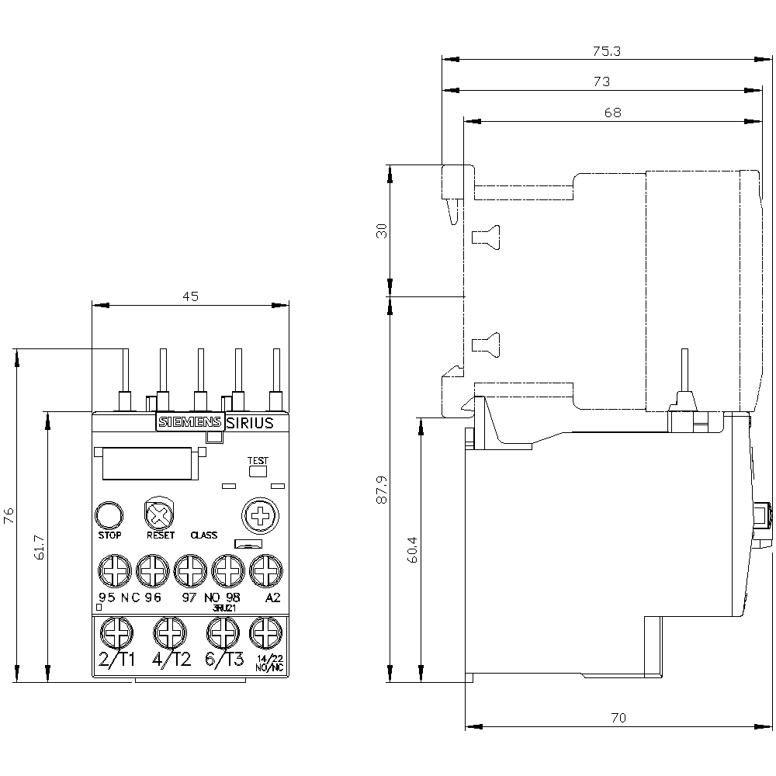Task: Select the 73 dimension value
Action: click(x=601, y=81)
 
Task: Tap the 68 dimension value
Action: click(x=612, y=112)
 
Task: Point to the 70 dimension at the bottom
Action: click(x=618, y=717)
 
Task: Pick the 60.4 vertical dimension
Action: click(x=412, y=550)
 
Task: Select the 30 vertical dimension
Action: click(x=381, y=230)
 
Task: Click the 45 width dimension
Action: click(x=191, y=296)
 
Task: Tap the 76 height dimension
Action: click(x=9, y=516)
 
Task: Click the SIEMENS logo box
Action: click(x=189, y=422)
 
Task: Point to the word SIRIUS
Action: click(x=250, y=423)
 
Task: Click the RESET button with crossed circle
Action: click(x=159, y=514)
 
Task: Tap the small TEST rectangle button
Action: click(x=257, y=470)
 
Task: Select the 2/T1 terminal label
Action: click(x=116, y=660)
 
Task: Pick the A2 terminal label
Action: click(x=272, y=598)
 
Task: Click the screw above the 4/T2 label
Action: click(x=170, y=632)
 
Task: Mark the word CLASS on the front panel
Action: click(x=203, y=535)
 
